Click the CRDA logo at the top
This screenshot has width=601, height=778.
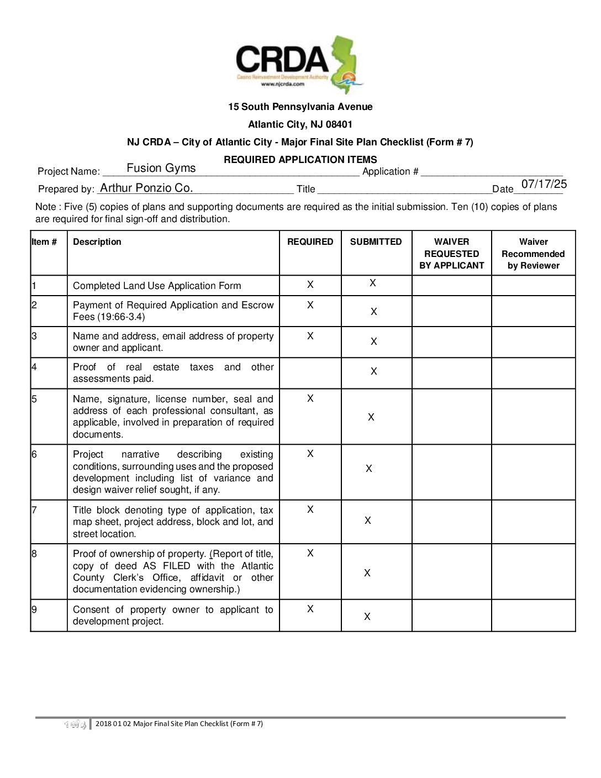pyautogui.click(x=299, y=64)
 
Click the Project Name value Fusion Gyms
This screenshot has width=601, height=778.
pyautogui.click(x=161, y=168)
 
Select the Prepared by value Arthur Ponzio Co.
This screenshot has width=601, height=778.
pyautogui.click(x=146, y=188)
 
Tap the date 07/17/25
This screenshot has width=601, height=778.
pyautogui.click(x=544, y=184)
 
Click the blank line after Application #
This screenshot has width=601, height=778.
pyautogui.click(x=491, y=171)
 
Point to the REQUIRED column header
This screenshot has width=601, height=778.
pyautogui.click(x=310, y=242)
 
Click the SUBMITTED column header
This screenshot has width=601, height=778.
pyautogui.click(x=376, y=242)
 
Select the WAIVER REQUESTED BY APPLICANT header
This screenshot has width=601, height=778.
pyautogui.click(x=451, y=254)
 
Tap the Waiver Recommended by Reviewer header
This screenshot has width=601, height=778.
pyautogui.click(x=533, y=254)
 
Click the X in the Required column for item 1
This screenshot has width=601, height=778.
pyautogui.click(x=310, y=285)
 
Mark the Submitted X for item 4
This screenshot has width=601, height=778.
pyautogui.click(x=374, y=371)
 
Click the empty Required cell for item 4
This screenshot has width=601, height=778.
pyautogui.click(x=310, y=373)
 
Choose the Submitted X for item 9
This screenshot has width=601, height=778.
pyautogui.click(x=367, y=617)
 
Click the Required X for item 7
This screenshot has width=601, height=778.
pyautogui.click(x=310, y=509)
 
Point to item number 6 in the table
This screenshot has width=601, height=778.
pyautogui.click(x=34, y=454)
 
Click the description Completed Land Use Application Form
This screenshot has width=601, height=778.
pyautogui.click(x=157, y=286)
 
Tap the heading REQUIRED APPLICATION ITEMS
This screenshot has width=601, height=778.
pyautogui.click(x=300, y=160)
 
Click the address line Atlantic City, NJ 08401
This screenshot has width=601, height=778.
pyautogui.click(x=300, y=124)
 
